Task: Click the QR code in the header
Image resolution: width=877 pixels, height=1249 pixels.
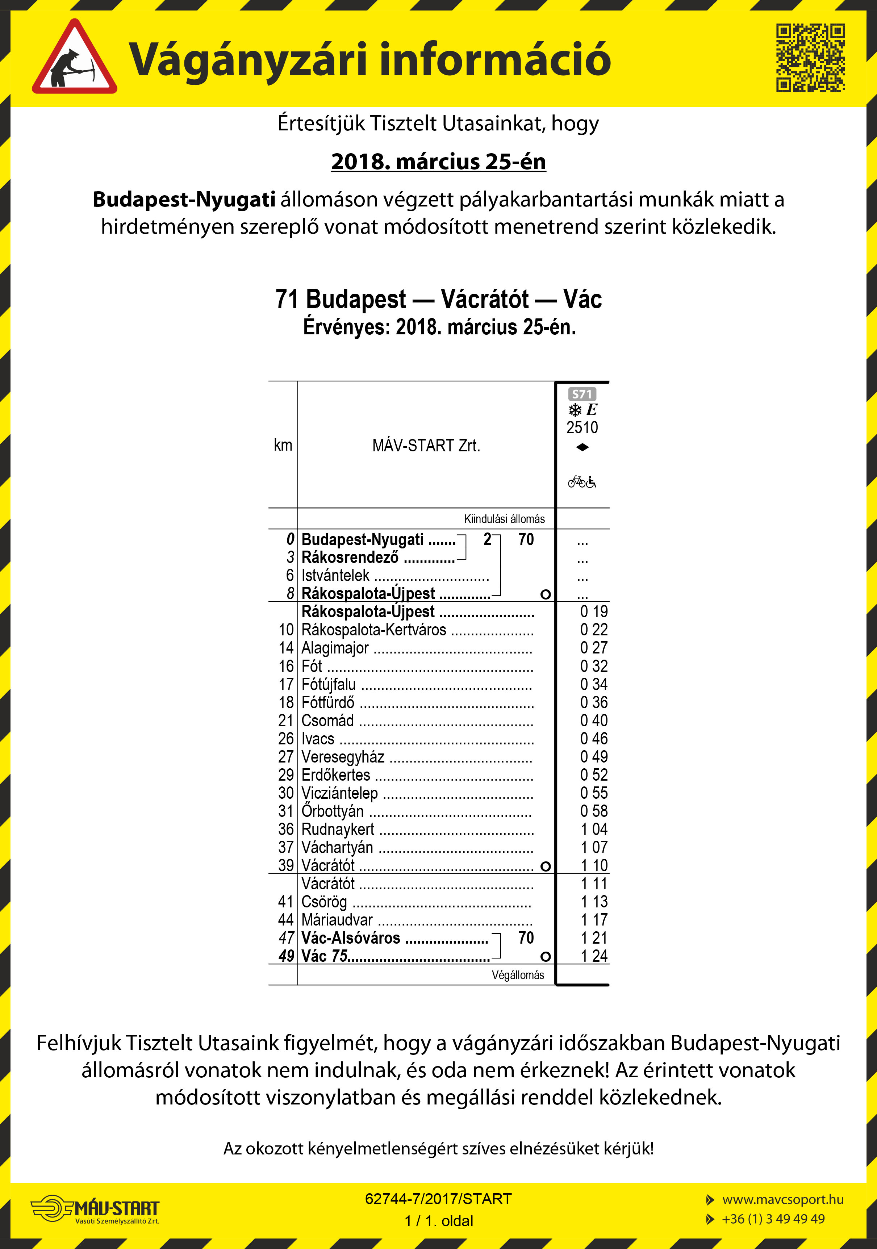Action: click(x=810, y=57)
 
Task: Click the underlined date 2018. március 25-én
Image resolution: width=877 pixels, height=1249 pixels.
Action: click(x=438, y=162)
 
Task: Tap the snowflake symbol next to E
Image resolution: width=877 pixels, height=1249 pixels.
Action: click(x=575, y=410)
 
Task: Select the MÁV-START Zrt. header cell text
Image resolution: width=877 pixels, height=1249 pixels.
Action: click(x=426, y=446)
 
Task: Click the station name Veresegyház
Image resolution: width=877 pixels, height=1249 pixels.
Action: click(x=343, y=757)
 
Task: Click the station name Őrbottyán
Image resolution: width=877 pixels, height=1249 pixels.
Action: click(x=333, y=811)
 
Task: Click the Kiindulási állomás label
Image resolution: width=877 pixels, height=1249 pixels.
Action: click(x=504, y=519)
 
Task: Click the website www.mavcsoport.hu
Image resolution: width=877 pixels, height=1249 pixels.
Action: click(x=782, y=1199)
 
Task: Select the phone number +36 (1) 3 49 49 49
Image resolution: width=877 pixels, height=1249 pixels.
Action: click(x=773, y=1219)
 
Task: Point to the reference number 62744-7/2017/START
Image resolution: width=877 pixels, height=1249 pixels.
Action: click(x=438, y=1199)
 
